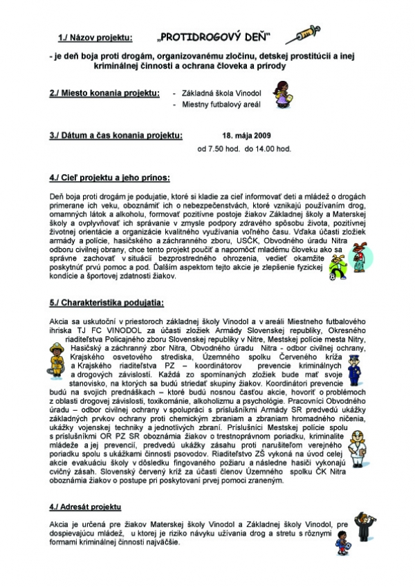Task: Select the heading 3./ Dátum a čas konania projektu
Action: tap(116, 136)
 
